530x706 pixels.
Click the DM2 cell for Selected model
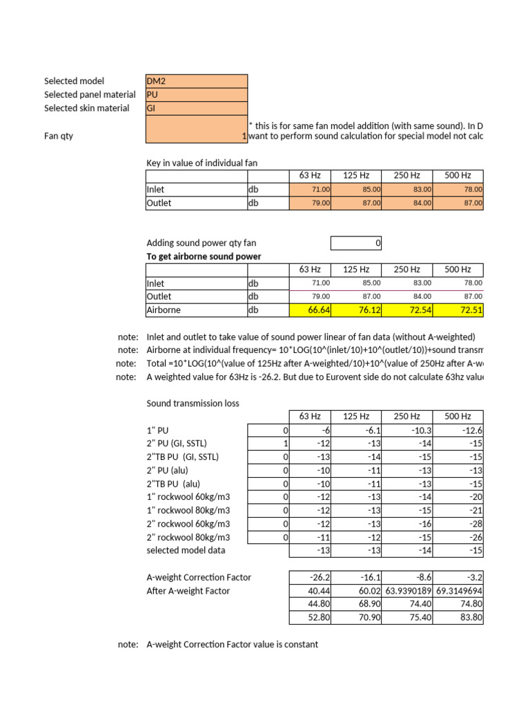click(x=196, y=81)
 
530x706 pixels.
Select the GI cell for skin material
click(x=196, y=108)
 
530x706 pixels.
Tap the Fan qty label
click(x=59, y=136)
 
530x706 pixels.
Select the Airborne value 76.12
click(x=357, y=310)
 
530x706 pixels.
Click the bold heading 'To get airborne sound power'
click(x=204, y=256)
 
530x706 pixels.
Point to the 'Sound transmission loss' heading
click(x=193, y=403)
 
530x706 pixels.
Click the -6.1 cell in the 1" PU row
click(x=357, y=430)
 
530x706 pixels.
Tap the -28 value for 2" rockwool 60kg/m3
click(x=458, y=524)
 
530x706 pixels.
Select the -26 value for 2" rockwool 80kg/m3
click(x=458, y=537)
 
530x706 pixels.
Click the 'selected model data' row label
click(x=186, y=550)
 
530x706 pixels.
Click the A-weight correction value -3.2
click(x=458, y=578)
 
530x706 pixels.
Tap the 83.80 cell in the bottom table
click(x=458, y=618)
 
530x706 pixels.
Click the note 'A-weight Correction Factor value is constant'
click(x=232, y=645)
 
